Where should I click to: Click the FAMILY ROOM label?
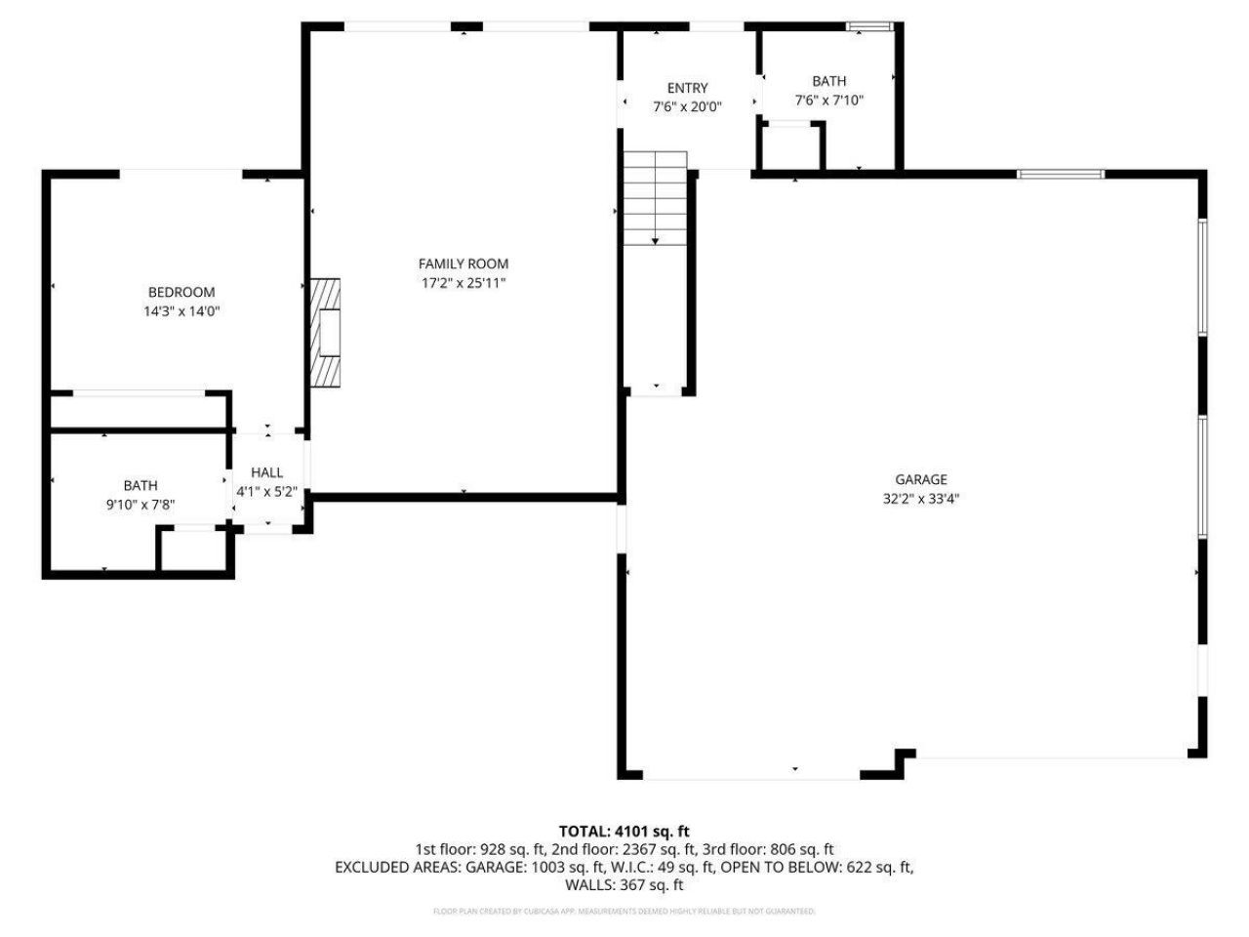(463, 264)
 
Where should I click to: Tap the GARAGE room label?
(921, 479)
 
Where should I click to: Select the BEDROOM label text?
(181, 292)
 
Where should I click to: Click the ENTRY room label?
(687, 88)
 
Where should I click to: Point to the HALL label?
(266, 472)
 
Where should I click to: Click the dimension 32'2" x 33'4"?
(921, 498)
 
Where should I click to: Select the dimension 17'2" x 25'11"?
(463, 283)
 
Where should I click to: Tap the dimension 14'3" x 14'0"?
(181, 311)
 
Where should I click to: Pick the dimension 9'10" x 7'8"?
(141, 505)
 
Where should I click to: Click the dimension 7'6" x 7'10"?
(829, 100)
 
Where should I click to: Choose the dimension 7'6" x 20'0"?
(687, 107)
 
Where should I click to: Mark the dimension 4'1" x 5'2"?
(266, 492)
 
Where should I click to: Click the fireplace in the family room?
(326, 333)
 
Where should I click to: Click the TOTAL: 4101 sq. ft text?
(624, 832)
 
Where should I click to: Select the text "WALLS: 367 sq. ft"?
(624, 885)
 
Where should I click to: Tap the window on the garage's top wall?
(1061, 174)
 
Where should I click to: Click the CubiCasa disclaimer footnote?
(624, 912)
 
